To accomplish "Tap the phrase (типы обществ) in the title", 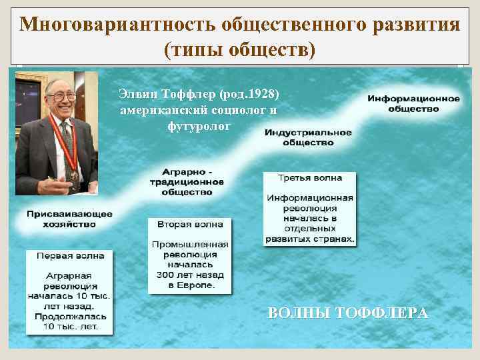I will point(239,49).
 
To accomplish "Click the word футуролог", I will point(199,125).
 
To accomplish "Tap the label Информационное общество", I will point(413,103).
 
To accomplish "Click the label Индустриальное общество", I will point(308,137).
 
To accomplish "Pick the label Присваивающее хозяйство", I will point(69,219).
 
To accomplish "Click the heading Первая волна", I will point(69,255).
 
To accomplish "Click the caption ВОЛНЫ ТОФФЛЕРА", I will point(347,313).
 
